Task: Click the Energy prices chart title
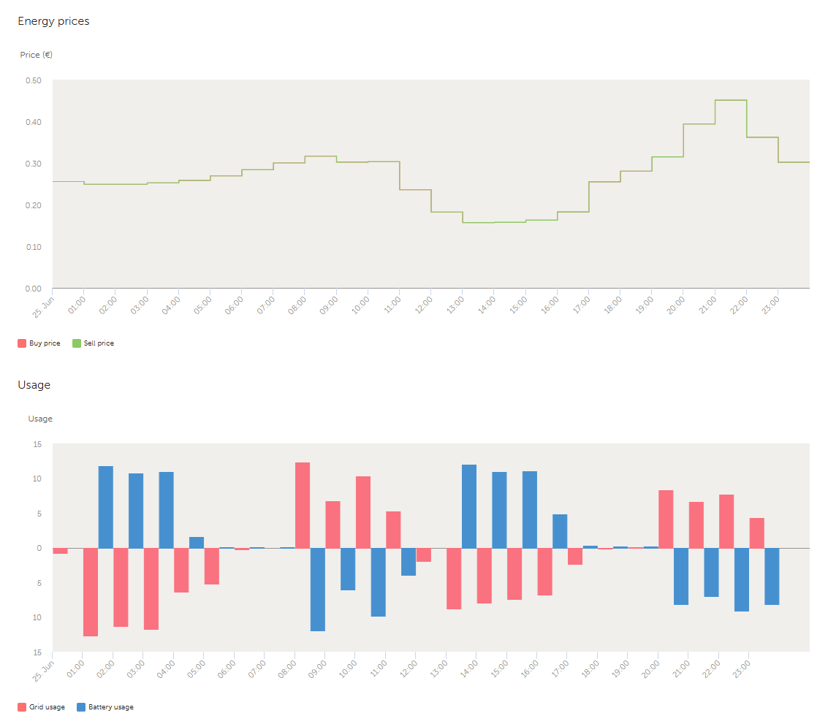tap(53, 21)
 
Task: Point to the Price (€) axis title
tap(36, 55)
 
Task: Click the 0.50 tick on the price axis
tap(34, 80)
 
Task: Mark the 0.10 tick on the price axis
tap(34, 247)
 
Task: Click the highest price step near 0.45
tap(730, 100)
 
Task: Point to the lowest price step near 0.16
tap(477, 222)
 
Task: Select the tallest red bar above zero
tap(303, 505)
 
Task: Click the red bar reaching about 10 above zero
tap(363, 511)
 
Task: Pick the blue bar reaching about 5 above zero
tap(560, 531)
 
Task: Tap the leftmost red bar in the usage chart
tap(60, 551)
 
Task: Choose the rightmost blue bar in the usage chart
tap(772, 576)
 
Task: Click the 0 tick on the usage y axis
tap(39, 548)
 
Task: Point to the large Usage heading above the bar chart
tap(34, 385)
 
